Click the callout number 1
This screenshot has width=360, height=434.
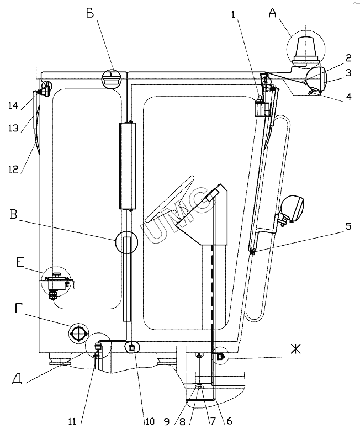pos(236,16)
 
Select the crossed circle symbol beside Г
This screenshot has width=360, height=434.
pos(78,333)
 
